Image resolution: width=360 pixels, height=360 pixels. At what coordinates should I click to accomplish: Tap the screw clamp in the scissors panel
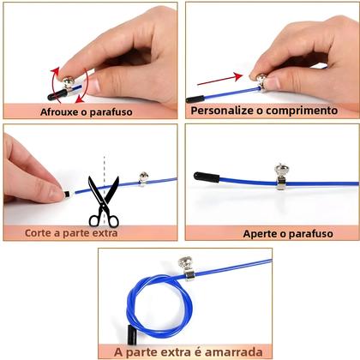click(143, 178)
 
